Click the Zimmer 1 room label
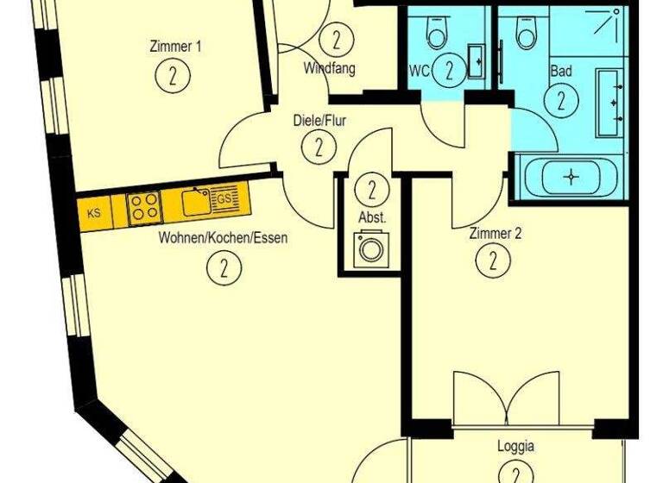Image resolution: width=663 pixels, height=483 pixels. pos(175,47)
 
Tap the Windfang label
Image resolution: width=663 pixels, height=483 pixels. pos(329,68)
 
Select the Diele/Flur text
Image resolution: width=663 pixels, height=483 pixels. pos(319,121)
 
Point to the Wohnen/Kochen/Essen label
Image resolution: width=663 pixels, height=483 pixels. pos(223,238)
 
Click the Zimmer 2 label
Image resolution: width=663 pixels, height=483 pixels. pos(496,233)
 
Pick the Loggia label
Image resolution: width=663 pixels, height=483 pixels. pos(515,447)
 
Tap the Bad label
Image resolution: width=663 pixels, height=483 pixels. pos(561,72)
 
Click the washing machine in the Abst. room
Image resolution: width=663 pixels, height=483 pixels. pos(372,249)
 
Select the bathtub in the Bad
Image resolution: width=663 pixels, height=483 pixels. pos(571,177)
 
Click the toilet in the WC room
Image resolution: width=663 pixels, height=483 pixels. pos(436,32)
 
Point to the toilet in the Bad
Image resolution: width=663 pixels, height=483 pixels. pos(526,32)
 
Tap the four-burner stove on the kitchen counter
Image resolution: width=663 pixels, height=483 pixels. pos(143,206)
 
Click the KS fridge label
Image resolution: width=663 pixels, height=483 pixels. pos(94,210)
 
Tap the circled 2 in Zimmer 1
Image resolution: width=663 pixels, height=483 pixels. pos(174,76)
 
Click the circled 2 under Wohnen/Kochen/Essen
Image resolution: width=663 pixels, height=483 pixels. pos(224,267)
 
